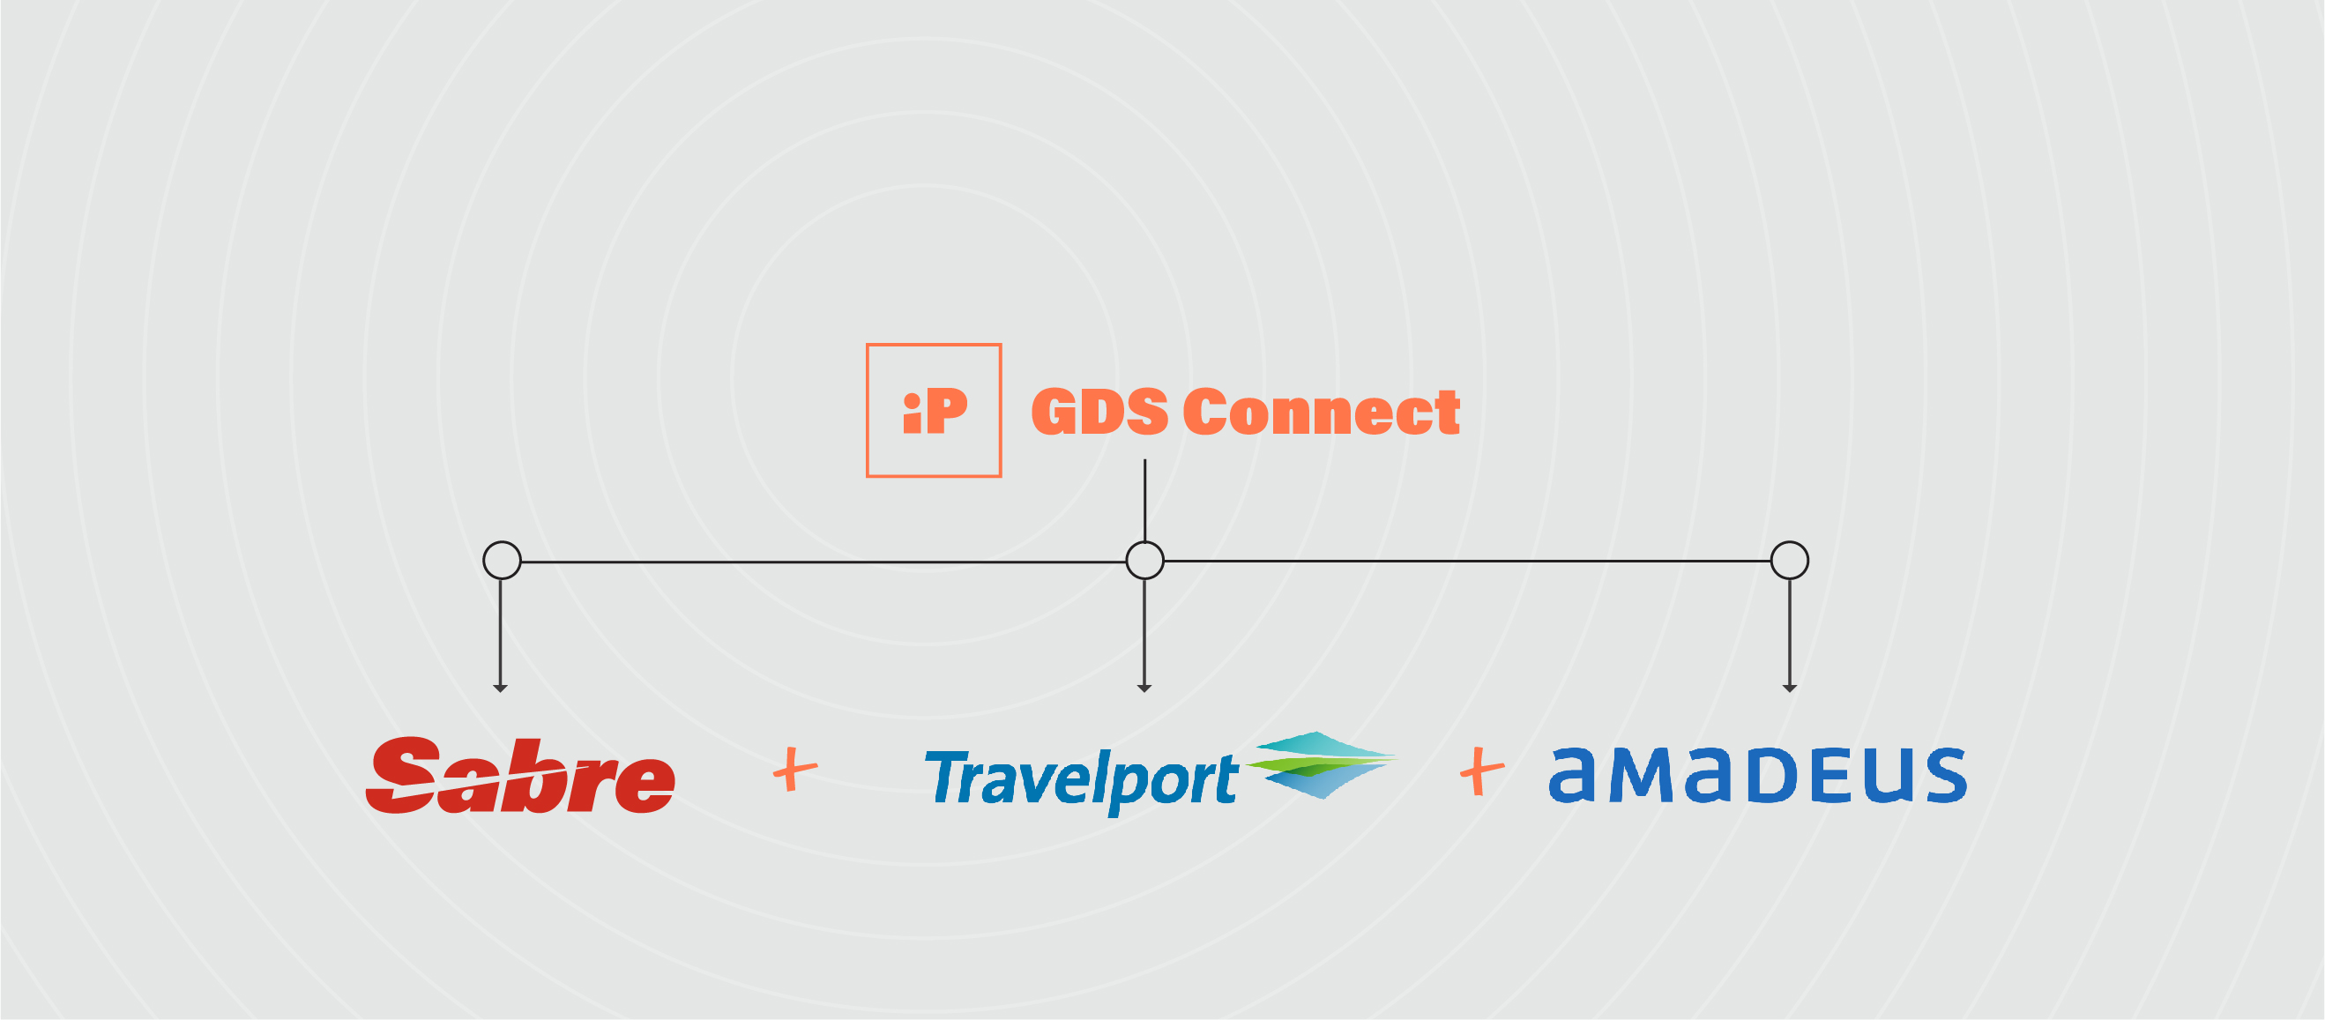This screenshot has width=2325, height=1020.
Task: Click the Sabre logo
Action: coord(521,775)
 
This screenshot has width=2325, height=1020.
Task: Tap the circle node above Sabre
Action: coord(502,560)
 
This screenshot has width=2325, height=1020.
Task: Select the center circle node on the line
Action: coord(1144,560)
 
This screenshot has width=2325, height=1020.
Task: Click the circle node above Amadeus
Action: coord(1789,560)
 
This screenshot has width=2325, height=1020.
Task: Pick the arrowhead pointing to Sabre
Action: coord(500,689)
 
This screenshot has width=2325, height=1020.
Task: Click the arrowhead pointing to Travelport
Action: coord(1144,689)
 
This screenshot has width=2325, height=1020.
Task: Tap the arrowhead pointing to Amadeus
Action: coord(1789,689)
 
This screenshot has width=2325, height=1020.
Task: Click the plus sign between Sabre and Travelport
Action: coord(795,769)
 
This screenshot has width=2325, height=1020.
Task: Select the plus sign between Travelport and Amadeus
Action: coord(1482,771)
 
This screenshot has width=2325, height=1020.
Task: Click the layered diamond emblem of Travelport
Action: coord(1322,764)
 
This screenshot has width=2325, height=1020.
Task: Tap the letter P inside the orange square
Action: coord(946,412)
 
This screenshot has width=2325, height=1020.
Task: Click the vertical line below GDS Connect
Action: coord(1144,500)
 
